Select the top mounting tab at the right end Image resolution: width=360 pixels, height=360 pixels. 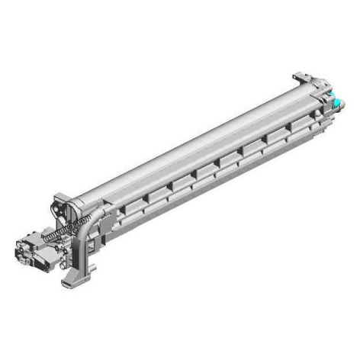301,76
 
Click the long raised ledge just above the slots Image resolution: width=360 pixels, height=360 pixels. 206,156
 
